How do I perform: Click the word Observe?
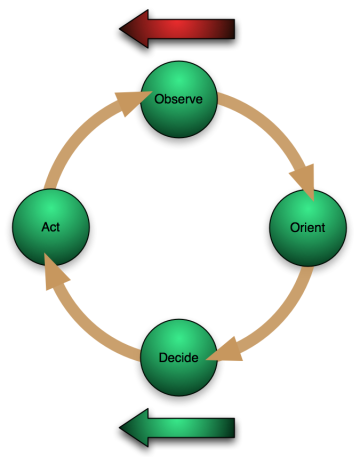pyautogui.click(x=180, y=100)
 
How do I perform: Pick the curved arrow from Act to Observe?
pyautogui.click(x=85, y=140)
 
